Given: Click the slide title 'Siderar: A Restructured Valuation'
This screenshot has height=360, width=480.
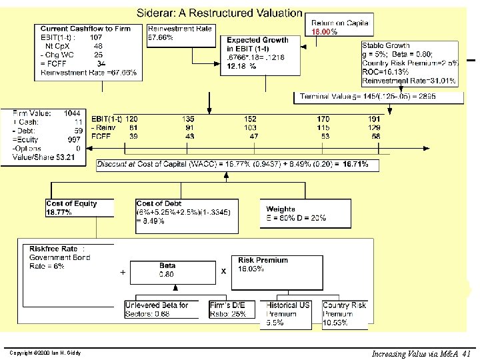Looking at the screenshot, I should pos(219,13).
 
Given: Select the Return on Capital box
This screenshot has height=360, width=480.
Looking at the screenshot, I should pos(339,27).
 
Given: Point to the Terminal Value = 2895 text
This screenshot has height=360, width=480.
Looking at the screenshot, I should pos(377,97).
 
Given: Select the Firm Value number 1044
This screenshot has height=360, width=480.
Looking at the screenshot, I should pos(73,113).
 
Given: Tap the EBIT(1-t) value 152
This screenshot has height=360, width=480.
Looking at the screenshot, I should pos(250,119).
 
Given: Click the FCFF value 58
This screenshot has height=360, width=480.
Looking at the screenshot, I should pos(377,136).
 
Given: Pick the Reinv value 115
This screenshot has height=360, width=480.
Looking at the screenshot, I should pos(323,127).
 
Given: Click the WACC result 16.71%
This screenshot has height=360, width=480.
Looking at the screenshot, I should pos(360,164).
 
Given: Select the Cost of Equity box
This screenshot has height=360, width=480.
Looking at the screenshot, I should pos(79,208).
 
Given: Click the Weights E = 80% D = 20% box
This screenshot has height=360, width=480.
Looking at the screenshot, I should pos(297,213).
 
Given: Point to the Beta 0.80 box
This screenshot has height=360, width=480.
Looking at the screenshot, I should pos(167,270).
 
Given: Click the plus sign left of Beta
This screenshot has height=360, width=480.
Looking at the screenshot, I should pos(123,272).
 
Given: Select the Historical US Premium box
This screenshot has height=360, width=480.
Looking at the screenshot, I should pos(288,314).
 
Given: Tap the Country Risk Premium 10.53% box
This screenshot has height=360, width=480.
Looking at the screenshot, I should pos(345,314).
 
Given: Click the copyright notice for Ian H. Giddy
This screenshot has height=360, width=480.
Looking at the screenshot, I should pos(46,353).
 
